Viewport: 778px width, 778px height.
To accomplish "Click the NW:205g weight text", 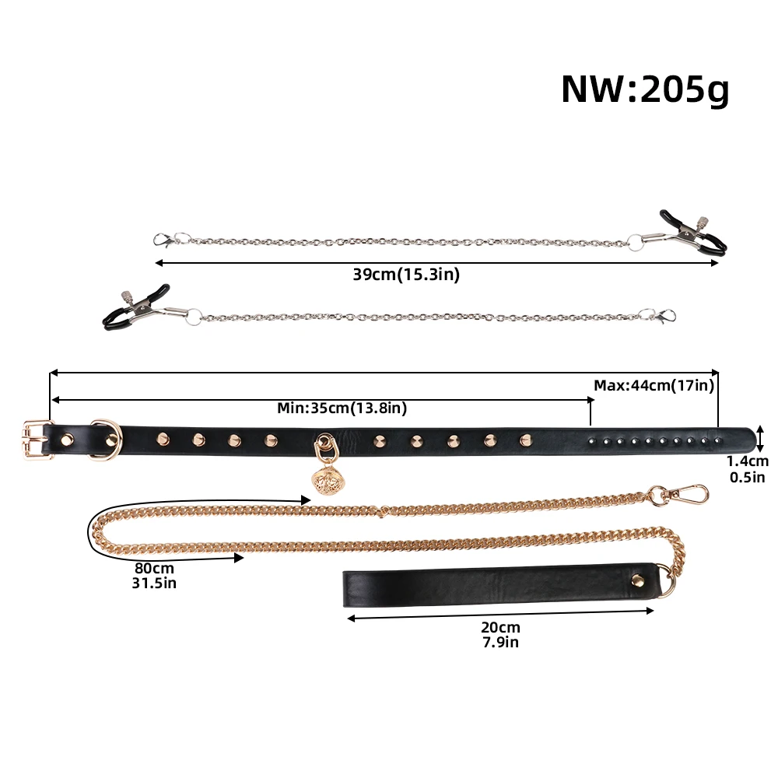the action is coord(645,89).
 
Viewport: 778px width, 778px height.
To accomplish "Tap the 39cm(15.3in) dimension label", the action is coord(406,275).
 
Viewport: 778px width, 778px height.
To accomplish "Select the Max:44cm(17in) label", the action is coord(654,386).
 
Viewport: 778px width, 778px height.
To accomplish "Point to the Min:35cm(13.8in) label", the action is coord(342,408).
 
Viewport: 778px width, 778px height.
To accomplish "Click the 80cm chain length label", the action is coord(154,568).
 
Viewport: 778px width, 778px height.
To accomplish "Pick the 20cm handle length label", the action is coord(500,627).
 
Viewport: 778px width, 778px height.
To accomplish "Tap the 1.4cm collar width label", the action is coord(747,461).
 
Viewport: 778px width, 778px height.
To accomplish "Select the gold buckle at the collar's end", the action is coord(37,440).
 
